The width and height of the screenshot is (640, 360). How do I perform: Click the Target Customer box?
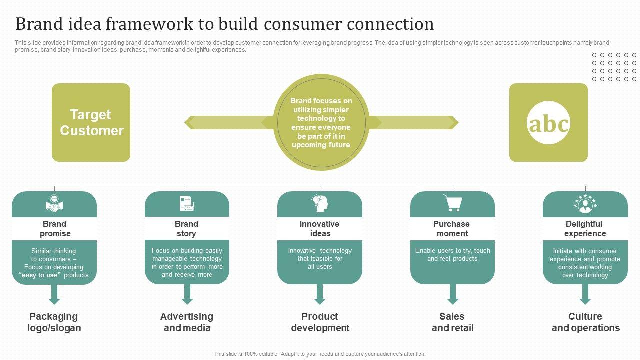[91, 122]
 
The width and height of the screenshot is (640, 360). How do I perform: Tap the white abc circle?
[548, 123]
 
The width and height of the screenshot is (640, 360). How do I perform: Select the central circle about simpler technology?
[321, 123]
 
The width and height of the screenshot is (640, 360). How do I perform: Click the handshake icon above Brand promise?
[54, 204]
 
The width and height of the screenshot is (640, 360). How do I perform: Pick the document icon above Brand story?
[186, 204]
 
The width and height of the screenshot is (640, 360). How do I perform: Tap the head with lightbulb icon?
[320, 203]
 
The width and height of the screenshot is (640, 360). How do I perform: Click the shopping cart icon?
[452, 203]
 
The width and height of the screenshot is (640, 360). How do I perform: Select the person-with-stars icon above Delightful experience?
[585, 204]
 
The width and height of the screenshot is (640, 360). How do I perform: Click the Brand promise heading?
[54, 229]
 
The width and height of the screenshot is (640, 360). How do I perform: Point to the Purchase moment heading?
[452, 229]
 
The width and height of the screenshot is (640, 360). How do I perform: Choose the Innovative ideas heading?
[320, 229]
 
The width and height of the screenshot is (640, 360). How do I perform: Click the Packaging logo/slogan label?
[54, 322]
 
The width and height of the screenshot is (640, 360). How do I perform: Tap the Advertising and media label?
[187, 322]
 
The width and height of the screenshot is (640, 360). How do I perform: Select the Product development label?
[320, 322]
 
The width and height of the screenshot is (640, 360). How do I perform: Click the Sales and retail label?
[452, 322]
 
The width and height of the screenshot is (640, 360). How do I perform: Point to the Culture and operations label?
[585, 322]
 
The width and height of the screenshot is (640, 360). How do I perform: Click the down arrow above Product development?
[320, 295]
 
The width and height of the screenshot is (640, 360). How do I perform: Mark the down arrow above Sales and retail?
[453, 295]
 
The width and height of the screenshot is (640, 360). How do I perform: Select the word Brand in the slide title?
[37, 24]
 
